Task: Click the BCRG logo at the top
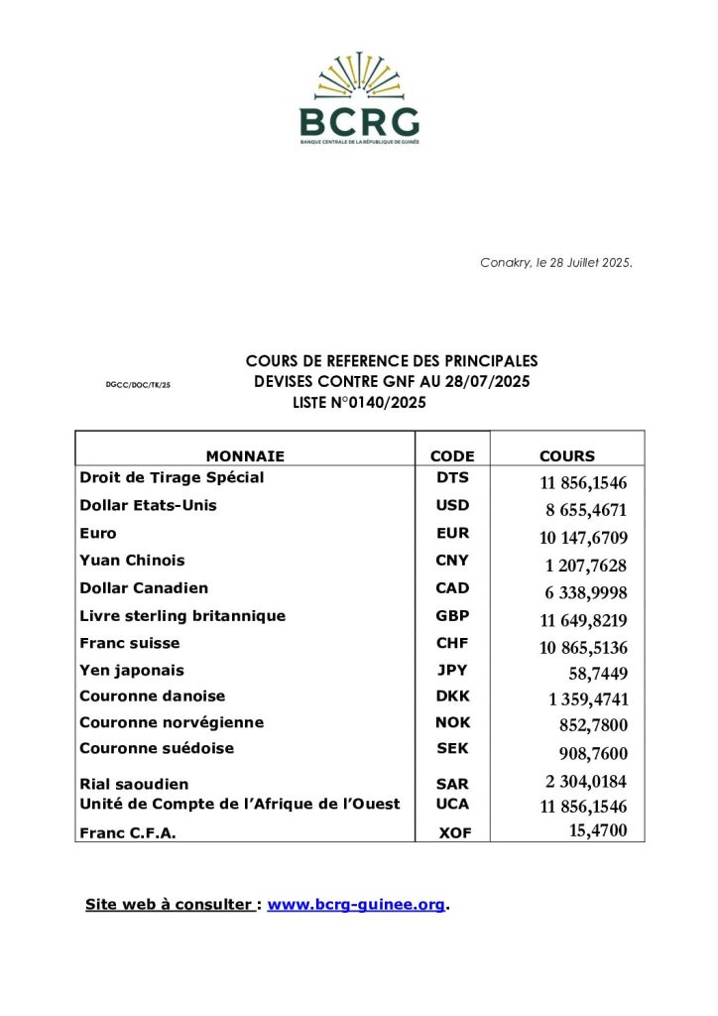point(359,98)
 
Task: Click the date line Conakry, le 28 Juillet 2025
point(556,263)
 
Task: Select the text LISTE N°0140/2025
point(353,402)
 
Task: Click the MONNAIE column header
point(245,456)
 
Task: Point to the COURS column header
point(567,456)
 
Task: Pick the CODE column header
point(452,456)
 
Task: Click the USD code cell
point(452,505)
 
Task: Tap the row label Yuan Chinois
point(132,561)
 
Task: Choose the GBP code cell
point(452,616)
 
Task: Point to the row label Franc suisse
point(130,643)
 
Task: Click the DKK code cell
point(453,697)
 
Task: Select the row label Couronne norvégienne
point(172,722)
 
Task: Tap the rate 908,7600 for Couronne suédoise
point(587,754)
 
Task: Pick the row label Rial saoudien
point(134,784)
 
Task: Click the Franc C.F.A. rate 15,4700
point(597,830)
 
